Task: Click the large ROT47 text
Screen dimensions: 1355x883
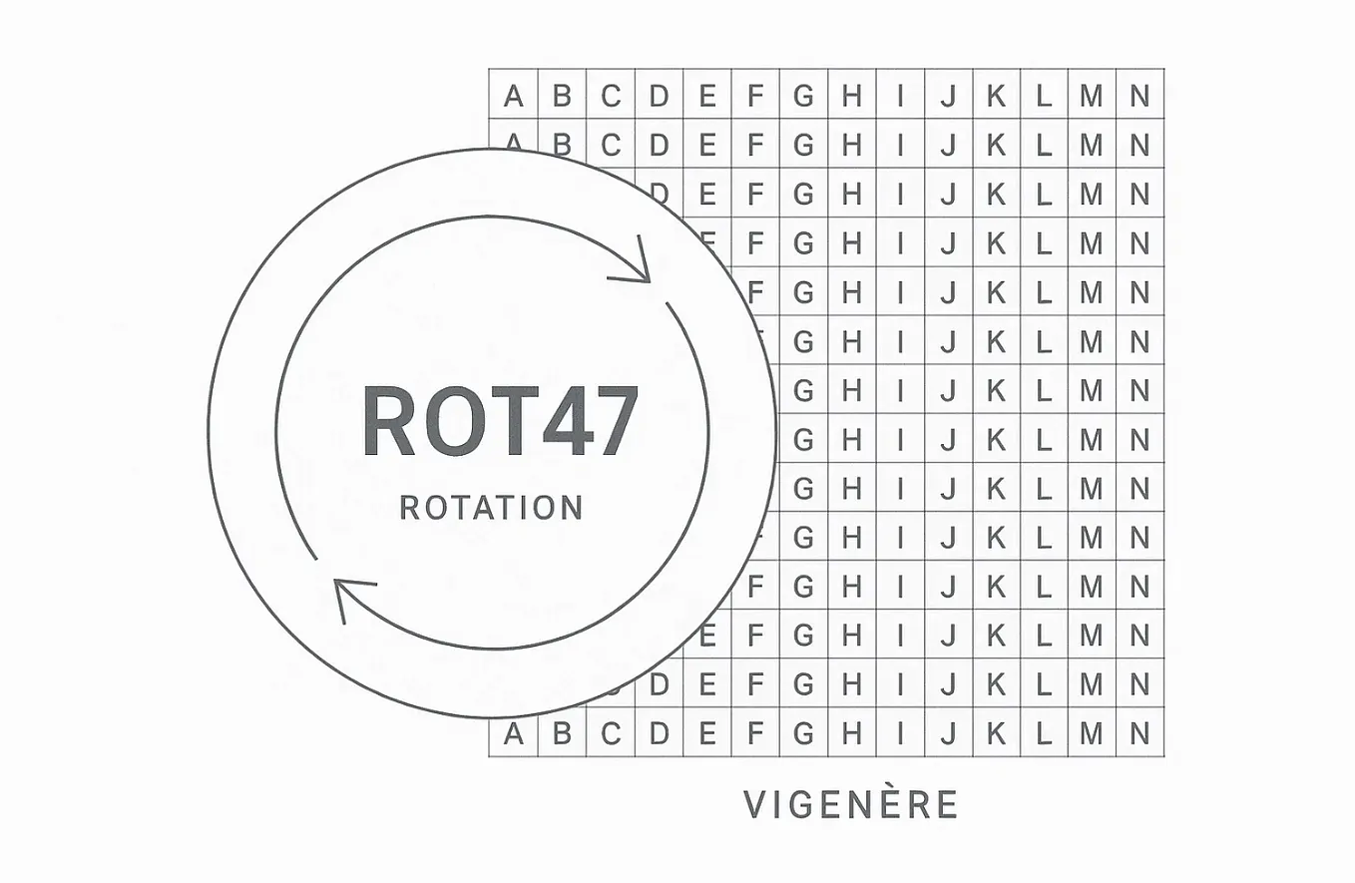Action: [x=500, y=421]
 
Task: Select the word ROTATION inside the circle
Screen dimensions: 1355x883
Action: [x=492, y=508]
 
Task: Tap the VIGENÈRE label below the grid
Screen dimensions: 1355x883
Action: [x=850, y=804]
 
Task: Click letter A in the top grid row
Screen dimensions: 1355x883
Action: [x=514, y=96]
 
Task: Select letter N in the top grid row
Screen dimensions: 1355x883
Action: [x=1139, y=96]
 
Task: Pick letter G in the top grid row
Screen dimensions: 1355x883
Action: [x=803, y=96]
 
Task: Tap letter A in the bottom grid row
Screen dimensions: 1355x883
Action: [x=514, y=733]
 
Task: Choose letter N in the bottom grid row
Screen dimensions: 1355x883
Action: [x=1139, y=733]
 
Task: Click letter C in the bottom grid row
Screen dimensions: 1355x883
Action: [x=611, y=733]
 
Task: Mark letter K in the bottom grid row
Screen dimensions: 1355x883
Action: [x=996, y=733]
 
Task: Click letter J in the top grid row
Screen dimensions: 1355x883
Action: [x=948, y=96]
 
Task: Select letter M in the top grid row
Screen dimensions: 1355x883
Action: [x=1092, y=96]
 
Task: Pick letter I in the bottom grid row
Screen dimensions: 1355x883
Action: [x=900, y=733]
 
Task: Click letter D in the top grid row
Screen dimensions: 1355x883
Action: [x=659, y=96]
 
